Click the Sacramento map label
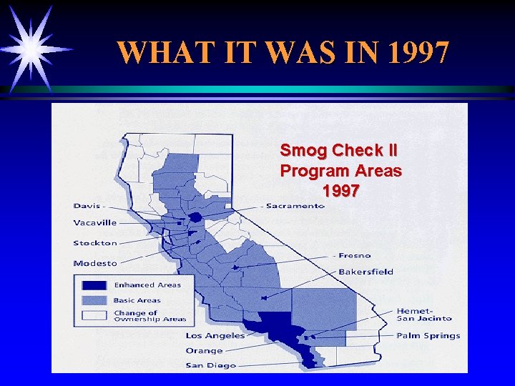(x=295, y=206)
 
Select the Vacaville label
(x=94, y=222)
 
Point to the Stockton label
(x=94, y=243)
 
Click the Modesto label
(x=94, y=263)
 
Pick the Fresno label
(x=355, y=255)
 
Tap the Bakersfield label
(x=366, y=272)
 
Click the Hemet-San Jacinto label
(x=424, y=315)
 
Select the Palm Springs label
(x=428, y=335)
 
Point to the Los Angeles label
(x=215, y=335)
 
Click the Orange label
(x=205, y=350)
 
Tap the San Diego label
(x=210, y=365)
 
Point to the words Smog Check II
(x=339, y=151)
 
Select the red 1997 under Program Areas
(x=341, y=192)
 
